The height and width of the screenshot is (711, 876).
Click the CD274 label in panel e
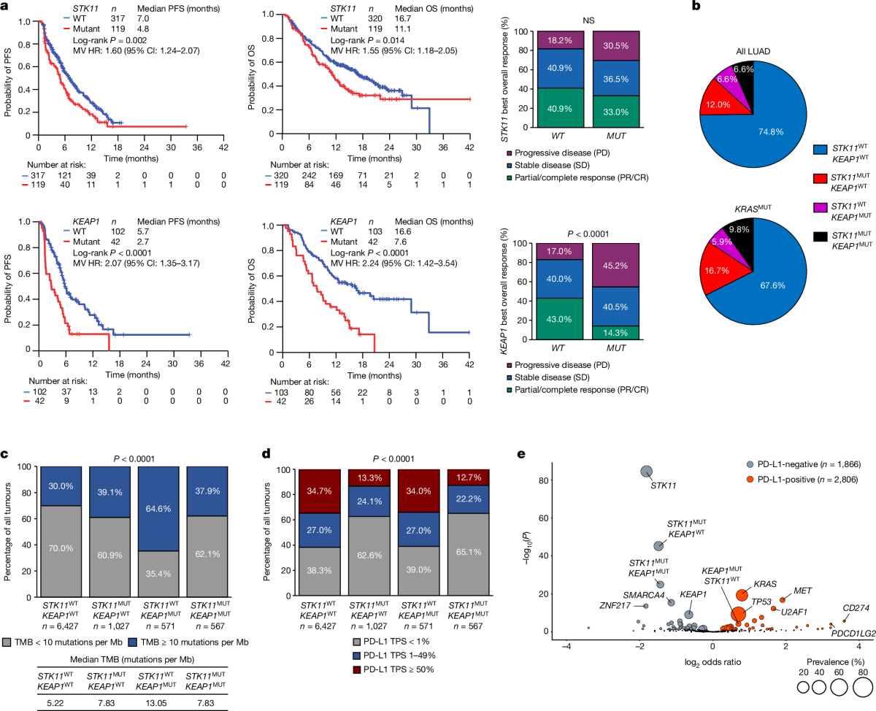(x=855, y=607)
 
